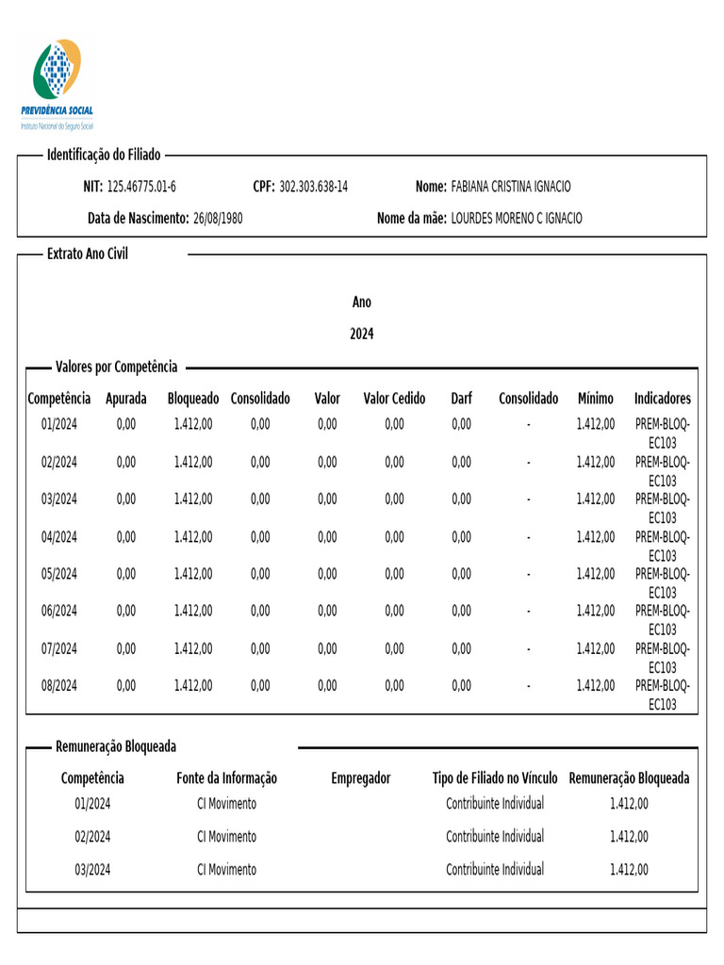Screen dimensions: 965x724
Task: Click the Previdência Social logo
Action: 58,83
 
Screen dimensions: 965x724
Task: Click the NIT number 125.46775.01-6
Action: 141,187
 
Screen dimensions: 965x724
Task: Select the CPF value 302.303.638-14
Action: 313,187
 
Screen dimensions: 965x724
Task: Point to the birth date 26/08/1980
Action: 218,218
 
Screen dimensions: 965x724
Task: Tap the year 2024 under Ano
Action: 362,334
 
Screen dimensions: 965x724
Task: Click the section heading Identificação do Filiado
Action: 104,155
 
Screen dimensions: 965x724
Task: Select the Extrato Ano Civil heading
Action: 88,254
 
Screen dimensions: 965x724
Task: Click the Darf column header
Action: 461,399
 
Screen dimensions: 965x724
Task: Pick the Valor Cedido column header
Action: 394,399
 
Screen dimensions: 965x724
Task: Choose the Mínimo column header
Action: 596,399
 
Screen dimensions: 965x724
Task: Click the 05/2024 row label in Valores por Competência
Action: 59,574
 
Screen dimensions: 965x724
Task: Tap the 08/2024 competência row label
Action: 59,685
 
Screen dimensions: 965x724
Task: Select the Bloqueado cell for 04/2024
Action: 193,536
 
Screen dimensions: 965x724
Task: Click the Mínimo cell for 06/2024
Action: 596,611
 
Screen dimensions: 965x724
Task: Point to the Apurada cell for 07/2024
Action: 126,648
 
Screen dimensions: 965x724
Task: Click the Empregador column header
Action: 361,778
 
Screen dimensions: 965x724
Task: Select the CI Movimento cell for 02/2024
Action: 226,836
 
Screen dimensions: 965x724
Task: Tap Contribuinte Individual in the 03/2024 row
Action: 495,869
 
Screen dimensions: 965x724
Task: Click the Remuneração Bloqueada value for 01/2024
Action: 629,804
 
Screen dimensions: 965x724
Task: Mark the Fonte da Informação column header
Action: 226,778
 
